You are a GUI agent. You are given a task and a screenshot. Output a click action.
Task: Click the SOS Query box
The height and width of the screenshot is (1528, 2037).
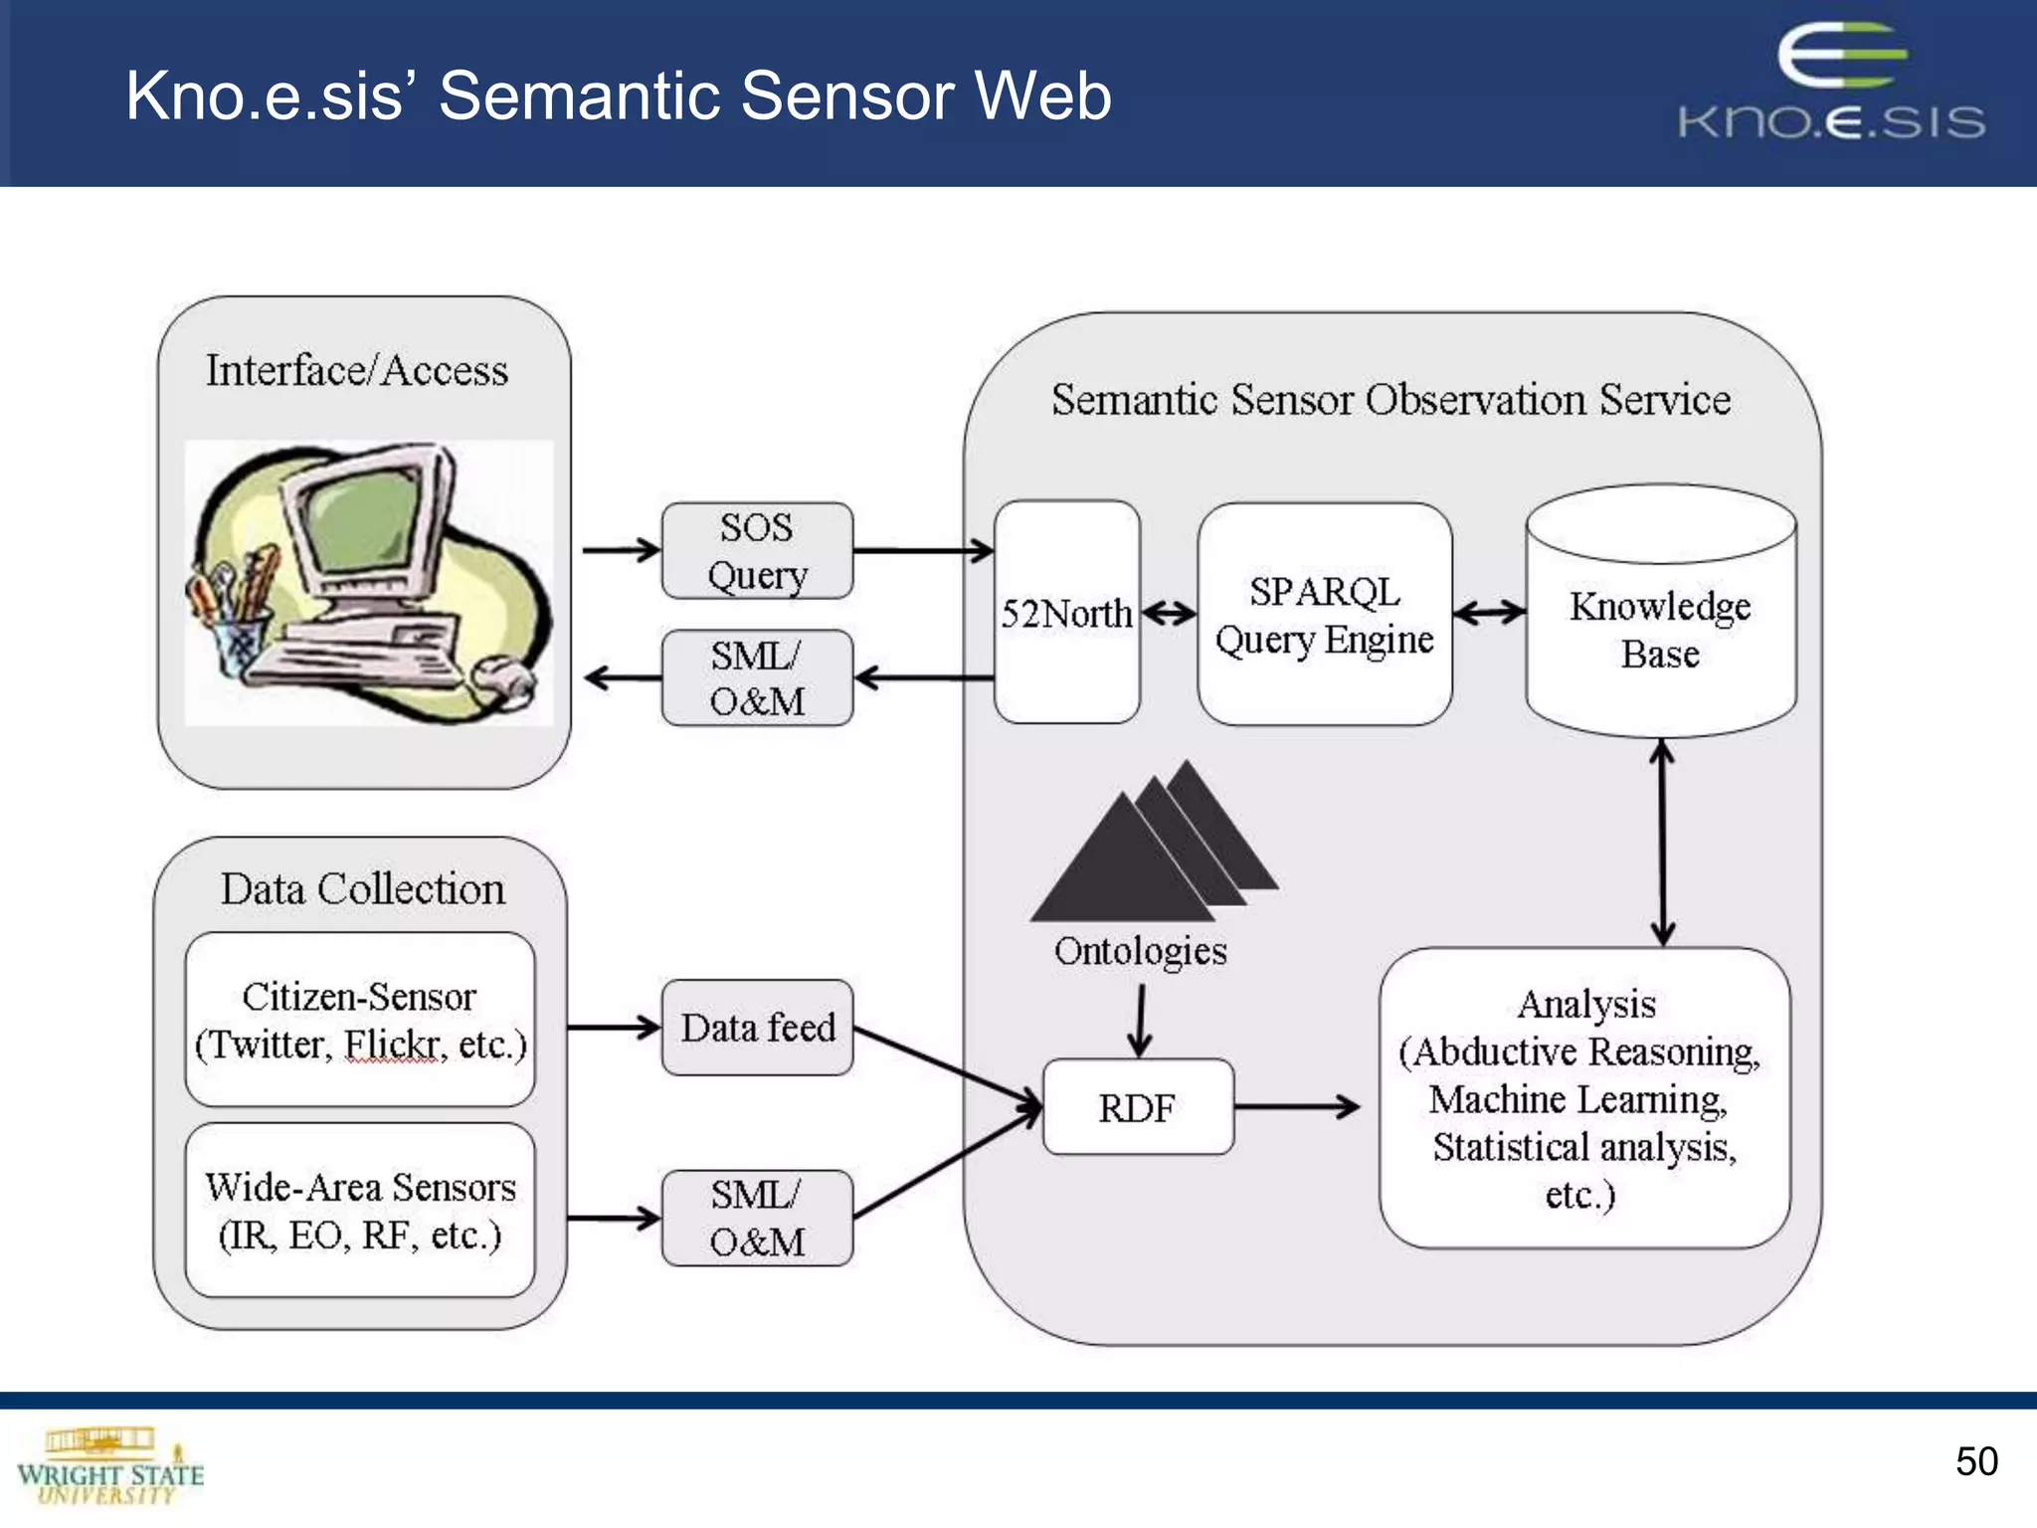point(757,550)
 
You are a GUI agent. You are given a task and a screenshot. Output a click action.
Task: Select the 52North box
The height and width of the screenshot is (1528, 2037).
point(1066,612)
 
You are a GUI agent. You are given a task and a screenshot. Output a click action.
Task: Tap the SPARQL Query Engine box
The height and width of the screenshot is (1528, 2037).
point(1324,614)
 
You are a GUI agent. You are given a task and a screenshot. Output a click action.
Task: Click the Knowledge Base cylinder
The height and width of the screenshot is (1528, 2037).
point(1660,627)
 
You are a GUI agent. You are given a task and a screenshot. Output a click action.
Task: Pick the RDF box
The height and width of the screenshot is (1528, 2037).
point(1138,1107)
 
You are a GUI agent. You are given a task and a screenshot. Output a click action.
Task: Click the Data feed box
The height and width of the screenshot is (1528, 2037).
point(757,1028)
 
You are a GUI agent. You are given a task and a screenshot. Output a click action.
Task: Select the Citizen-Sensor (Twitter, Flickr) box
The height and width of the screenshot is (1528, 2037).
point(360,1020)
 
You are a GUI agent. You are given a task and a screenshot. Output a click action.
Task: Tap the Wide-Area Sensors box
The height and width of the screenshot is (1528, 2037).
point(360,1210)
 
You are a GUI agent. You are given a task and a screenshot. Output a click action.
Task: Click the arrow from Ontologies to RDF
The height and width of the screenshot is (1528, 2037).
point(1140,1020)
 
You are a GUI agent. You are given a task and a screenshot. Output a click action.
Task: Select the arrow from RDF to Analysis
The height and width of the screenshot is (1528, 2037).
point(1297,1106)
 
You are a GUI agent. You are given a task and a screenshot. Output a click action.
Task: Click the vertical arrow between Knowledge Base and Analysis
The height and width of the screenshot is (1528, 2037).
point(1662,843)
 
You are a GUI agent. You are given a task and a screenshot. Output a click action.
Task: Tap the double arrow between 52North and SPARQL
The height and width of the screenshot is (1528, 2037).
point(1169,613)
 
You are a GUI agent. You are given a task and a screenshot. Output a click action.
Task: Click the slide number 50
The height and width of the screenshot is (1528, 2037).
point(1975,1461)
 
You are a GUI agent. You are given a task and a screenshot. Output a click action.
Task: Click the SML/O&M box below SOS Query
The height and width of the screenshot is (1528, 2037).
point(757,678)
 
